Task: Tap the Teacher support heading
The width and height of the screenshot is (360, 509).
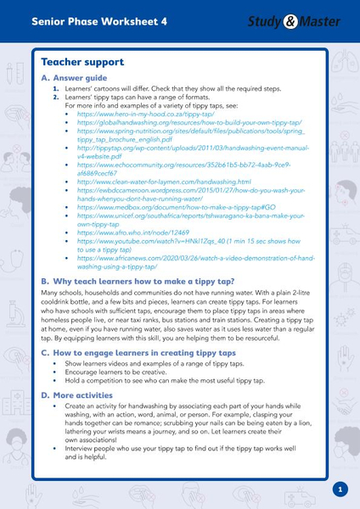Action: click(82, 62)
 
